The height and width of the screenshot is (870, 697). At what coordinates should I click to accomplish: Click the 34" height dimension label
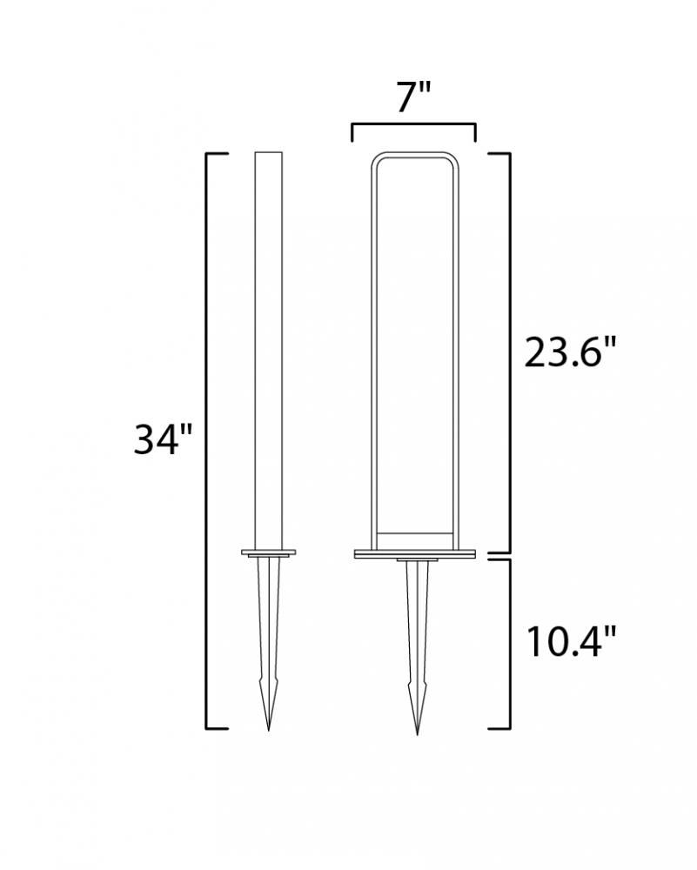(163, 438)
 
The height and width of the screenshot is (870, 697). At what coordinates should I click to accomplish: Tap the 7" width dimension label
(413, 98)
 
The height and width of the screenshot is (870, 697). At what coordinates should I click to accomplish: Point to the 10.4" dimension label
(571, 642)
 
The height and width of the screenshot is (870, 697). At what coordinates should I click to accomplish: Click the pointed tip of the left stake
(269, 730)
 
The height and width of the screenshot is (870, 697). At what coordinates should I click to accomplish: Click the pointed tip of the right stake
(418, 733)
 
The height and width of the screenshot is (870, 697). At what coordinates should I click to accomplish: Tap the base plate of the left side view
(269, 552)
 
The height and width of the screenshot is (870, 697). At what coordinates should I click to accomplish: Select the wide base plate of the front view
(415, 553)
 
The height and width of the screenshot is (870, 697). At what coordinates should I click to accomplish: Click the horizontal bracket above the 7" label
(413, 125)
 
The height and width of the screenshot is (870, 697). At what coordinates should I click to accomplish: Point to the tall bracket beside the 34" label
(207, 440)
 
